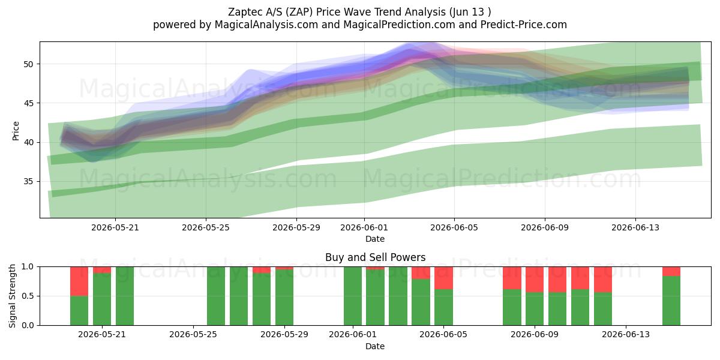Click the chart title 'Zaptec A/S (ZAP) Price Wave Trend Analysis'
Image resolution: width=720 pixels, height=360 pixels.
(x=337, y=12)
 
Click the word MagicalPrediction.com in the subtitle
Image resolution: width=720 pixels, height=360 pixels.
(x=399, y=25)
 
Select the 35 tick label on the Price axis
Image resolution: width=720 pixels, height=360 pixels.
(x=28, y=182)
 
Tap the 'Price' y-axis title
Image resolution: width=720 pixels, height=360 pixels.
(x=16, y=131)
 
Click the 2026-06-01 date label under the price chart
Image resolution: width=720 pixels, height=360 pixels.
(x=364, y=227)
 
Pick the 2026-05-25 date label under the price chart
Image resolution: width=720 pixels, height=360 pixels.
(x=206, y=227)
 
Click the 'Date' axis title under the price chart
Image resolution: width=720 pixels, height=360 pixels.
(x=375, y=239)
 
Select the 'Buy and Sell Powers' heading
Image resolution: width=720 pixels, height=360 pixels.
(x=375, y=257)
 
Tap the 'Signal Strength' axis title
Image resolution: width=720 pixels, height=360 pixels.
(x=12, y=296)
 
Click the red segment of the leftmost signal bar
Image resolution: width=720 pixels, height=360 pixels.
(x=79, y=281)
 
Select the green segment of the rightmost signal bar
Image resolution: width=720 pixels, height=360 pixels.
(x=671, y=301)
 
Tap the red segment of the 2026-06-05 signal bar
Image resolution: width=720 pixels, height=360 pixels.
(x=443, y=278)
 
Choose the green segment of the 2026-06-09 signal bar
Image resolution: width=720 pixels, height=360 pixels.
(x=535, y=308)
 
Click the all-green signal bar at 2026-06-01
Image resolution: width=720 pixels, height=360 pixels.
(x=353, y=296)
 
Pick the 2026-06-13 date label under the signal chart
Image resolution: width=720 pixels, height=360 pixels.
(x=625, y=335)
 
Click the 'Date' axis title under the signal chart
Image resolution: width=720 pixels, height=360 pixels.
(x=375, y=346)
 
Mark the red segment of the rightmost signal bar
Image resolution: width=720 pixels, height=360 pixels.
(x=671, y=272)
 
